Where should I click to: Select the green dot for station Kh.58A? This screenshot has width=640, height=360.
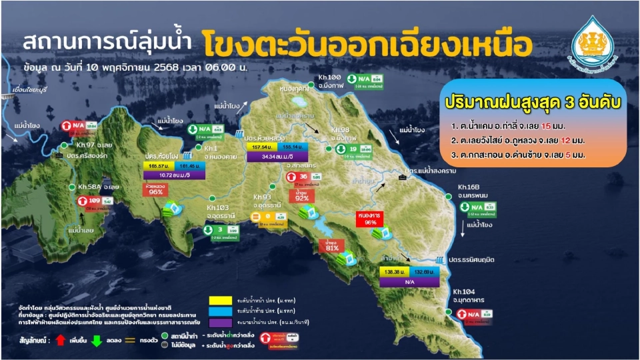73,187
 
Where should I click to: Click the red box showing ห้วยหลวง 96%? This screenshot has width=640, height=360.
156,189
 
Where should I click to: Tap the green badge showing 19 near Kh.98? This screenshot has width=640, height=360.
353,149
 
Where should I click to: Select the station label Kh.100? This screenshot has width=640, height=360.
330,78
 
